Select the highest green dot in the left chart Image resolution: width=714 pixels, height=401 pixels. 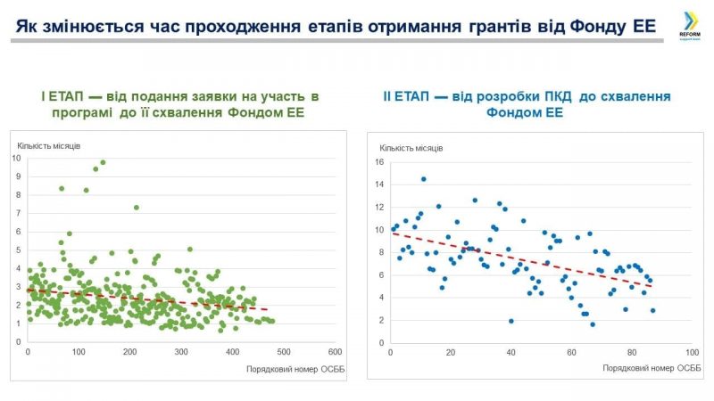(x=103, y=162)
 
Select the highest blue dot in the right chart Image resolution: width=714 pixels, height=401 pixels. (x=423, y=179)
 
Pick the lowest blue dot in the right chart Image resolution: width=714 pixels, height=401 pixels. (x=592, y=324)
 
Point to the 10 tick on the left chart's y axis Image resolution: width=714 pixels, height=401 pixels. (x=17, y=159)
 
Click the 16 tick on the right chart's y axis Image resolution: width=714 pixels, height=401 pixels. (x=378, y=162)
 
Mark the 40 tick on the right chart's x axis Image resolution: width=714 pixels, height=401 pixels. (x=511, y=352)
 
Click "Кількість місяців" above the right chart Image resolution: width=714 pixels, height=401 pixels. (x=411, y=148)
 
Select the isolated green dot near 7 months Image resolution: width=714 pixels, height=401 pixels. (x=137, y=208)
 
